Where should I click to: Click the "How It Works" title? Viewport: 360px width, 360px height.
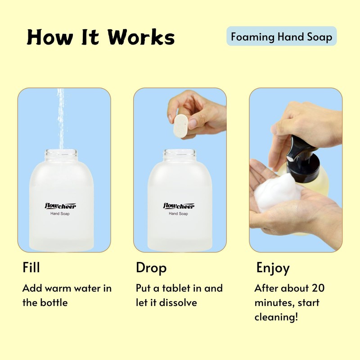point(100,37)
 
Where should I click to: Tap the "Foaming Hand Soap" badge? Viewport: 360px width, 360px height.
point(281,36)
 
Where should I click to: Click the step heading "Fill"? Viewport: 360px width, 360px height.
point(31,267)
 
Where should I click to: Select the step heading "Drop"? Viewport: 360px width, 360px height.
point(151,268)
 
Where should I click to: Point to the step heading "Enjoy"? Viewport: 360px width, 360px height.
point(273,268)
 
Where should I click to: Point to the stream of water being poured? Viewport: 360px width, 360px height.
point(60,117)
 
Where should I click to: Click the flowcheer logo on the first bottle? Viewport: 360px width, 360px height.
point(60,206)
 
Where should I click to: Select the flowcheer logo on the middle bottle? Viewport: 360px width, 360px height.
point(178,206)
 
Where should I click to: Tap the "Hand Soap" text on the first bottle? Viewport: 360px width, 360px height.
point(60,214)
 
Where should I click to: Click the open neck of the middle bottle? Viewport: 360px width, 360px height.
point(180,154)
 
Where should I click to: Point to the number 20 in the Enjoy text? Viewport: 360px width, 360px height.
point(317,288)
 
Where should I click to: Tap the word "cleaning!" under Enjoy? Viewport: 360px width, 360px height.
point(276,317)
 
